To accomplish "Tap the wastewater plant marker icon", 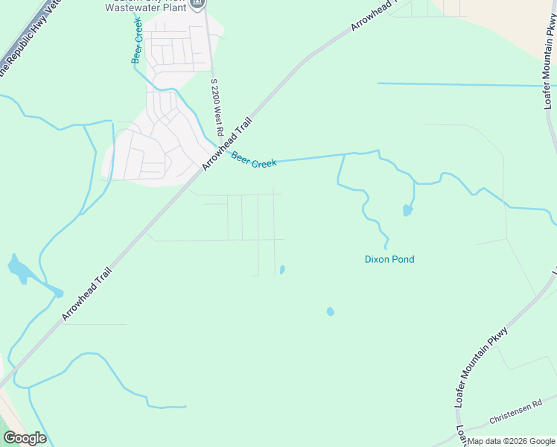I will tap(197, 4).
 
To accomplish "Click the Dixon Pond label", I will tap(389, 259).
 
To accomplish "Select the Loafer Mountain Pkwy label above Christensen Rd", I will tap(482, 367).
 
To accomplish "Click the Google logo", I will tap(25, 438).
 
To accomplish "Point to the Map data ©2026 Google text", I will tap(510, 441).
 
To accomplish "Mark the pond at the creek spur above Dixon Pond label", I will tap(407, 211).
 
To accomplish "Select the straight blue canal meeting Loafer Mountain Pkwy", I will tap(462, 84).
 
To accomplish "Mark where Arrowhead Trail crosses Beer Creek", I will tap(221, 150).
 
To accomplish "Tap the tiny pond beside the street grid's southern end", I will tap(281, 269).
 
